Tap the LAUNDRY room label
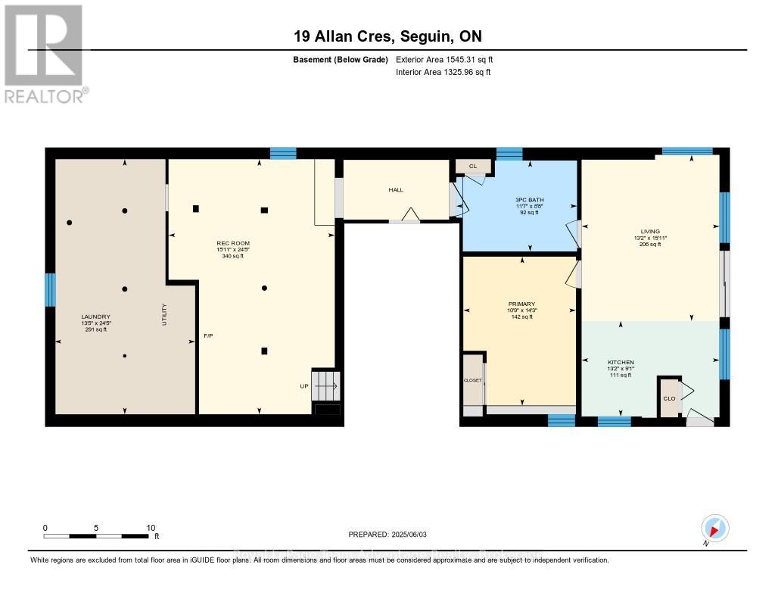pyautogui.click(x=96, y=317)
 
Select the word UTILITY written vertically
pyautogui.click(x=163, y=314)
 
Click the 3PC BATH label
pyautogui.click(x=530, y=200)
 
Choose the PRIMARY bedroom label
pyautogui.click(x=522, y=304)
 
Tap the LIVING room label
pyautogui.click(x=650, y=231)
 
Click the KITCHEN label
pyautogui.click(x=621, y=362)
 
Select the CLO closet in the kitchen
pyautogui.click(x=669, y=398)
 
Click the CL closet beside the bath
pyautogui.click(x=472, y=166)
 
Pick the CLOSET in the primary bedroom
pyautogui.click(x=472, y=379)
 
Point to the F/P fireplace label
pyautogui.click(x=208, y=335)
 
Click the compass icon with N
pyautogui.click(x=714, y=529)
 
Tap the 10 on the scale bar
pyautogui.click(x=151, y=528)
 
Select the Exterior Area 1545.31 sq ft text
pyautogui.click(x=444, y=59)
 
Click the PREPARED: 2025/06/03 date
pyautogui.click(x=387, y=534)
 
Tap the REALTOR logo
pyautogui.click(x=45, y=53)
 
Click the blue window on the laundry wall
pyautogui.click(x=51, y=289)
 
